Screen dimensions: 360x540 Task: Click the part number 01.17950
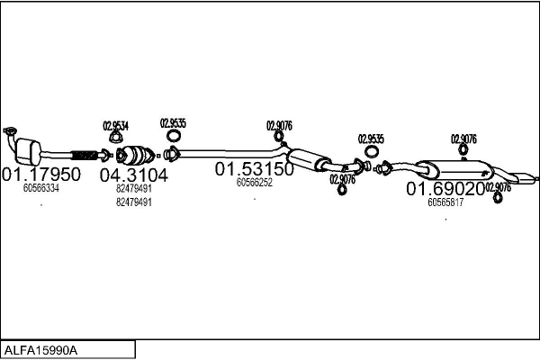41,174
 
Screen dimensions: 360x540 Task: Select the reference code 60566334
41,189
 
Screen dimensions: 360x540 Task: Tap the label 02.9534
115,126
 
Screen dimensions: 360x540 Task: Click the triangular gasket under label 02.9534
115,138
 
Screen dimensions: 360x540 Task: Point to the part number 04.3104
133,175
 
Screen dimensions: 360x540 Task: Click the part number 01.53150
254,168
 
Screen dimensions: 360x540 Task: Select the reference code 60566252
255,182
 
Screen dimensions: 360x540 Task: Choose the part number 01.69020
445,189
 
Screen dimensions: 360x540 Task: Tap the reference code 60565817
445,202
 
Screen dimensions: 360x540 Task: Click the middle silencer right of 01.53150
309,159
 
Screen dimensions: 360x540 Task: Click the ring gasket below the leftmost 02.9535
173,137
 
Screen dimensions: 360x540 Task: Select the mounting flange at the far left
10,135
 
